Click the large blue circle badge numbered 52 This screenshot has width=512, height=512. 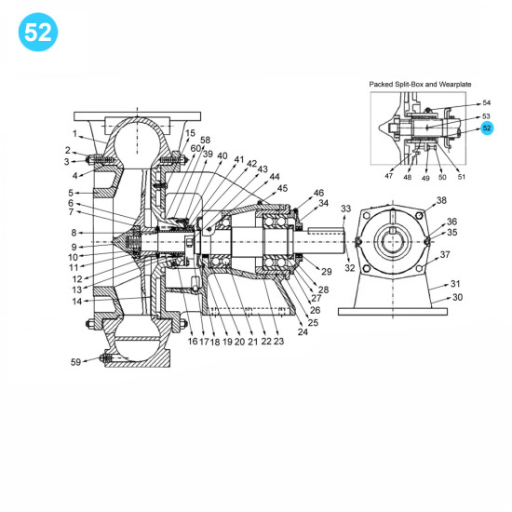pyautogui.click(x=38, y=31)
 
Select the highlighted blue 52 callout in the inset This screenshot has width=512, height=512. pyautogui.click(x=486, y=128)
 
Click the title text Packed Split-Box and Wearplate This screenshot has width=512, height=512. pyautogui.click(x=422, y=83)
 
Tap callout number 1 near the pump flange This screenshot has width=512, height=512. pyautogui.click(x=75, y=133)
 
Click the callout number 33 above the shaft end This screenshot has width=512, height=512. pyautogui.click(x=346, y=209)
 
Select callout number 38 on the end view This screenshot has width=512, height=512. pyautogui.click(x=440, y=201)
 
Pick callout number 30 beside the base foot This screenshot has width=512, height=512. pyautogui.click(x=456, y=298)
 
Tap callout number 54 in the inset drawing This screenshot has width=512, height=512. pyautogui.click(x=486, y=103)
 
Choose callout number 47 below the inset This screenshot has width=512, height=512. pyautogui.click(x=388, y=175)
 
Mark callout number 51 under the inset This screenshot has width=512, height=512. pyautogui.click(x=462, y=175)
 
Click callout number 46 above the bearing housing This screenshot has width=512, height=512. pyautogui.click(x=319, y=192)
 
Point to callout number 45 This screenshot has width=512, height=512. pyautogui.click(x=283, y=187)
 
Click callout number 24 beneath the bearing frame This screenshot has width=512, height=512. pyautogui.click(x=302, y=331)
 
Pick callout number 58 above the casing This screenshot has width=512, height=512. pyautogui.click(x=205, y=141)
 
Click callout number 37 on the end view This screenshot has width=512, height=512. pyautogui.click(x=445, y=254)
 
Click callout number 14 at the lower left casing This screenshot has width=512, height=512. pyautogui.click(x=76, y=301)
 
